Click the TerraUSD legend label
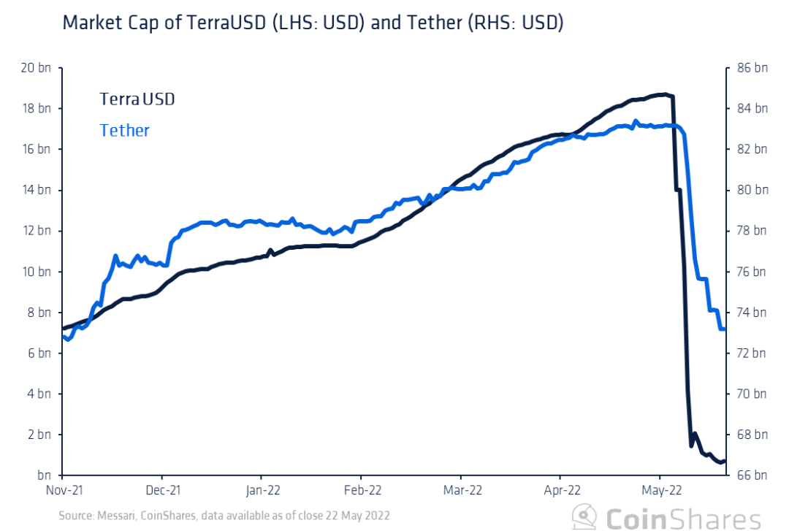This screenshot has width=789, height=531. [137, 99]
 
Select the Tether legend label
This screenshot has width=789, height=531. [124, 131]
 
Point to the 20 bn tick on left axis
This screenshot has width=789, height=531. [35, 68]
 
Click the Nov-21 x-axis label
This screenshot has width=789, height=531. [64, 490]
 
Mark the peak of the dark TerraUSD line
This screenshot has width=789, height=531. [663, 94]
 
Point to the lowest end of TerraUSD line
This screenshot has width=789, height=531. [720, 462]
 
